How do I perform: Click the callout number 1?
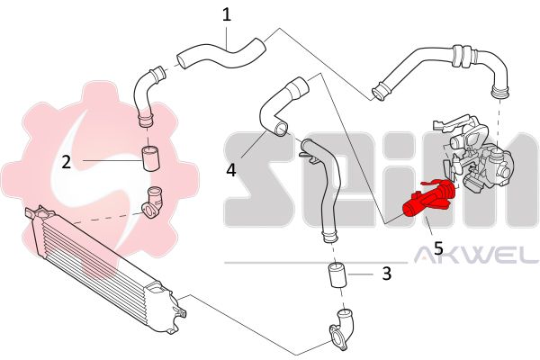click(226, 15)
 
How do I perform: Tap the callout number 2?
click(66, 162)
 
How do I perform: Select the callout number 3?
click(387, 274)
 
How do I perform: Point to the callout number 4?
click(231, 170)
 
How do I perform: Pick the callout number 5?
click(438, 248)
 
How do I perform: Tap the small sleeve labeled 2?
click(150, 158)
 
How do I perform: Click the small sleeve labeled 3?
click(337, 274)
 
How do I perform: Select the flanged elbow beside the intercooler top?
click(152, 202)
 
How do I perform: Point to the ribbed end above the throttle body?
click(499, 92)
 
